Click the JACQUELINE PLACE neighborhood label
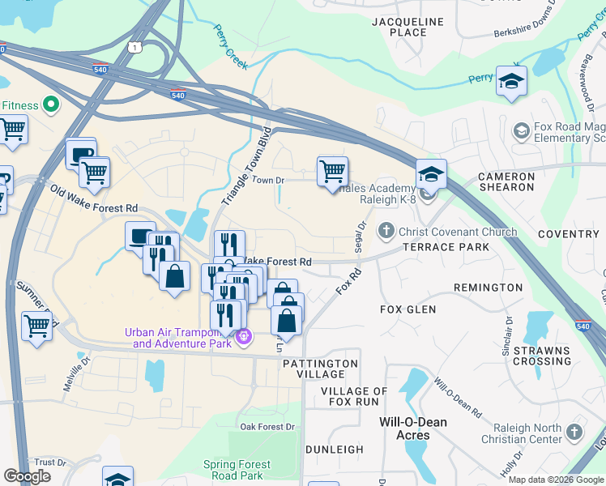409,27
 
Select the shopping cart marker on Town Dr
332,173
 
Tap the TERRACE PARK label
446,247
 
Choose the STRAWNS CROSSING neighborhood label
542,356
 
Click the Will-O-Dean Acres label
413,428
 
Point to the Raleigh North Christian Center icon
574,432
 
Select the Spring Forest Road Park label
243,471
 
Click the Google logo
28,476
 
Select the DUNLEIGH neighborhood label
334,450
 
